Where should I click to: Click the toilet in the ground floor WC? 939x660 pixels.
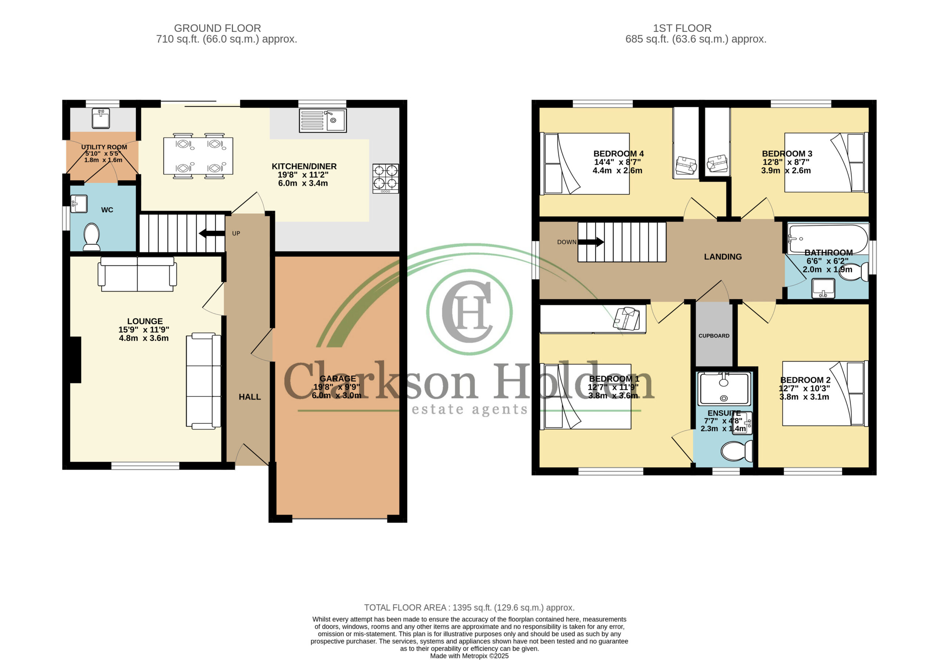tap(92, 237)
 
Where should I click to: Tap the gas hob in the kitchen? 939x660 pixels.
tap(386, 178)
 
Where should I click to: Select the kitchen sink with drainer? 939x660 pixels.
tap(323, 120)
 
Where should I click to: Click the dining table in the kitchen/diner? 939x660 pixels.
tap(198, 156)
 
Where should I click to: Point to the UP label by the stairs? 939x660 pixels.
tap(236, 234)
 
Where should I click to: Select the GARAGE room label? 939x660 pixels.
tap(338, 379)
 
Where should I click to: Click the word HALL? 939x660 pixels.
tap(249, 397)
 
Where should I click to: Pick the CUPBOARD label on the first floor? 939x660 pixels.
tap(714, 336)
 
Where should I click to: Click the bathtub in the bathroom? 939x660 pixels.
tap(828, 239)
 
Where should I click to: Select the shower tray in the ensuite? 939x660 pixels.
tap(724, 389)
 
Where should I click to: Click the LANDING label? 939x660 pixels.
tap(723, 257)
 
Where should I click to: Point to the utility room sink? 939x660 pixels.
tap(101, 118)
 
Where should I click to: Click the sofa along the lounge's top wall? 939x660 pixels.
tap(138, 274)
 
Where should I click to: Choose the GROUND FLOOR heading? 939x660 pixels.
tap(217, 28)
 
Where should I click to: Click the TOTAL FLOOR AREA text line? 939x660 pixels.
tap(469, 608)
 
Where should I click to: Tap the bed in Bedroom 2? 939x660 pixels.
tap(825, 393)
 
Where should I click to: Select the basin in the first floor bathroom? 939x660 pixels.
tap(823, 288)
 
